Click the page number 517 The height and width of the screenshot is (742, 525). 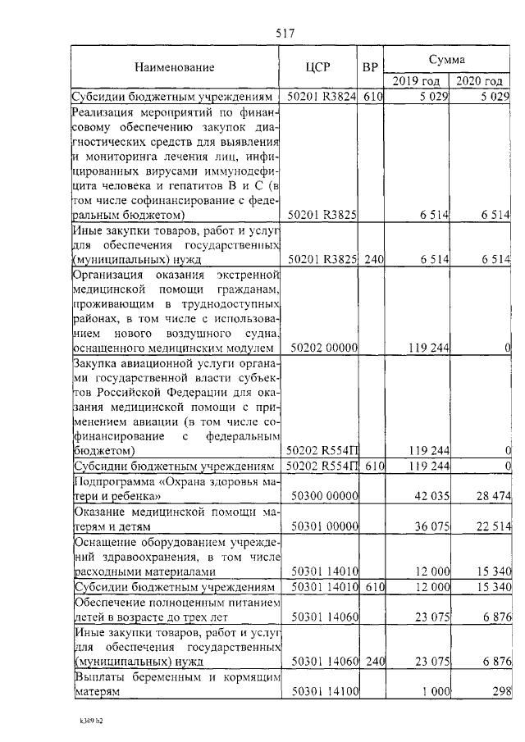[285, 33]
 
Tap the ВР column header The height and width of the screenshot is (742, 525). [371, 67]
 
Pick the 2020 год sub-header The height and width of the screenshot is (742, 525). [480, 80]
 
